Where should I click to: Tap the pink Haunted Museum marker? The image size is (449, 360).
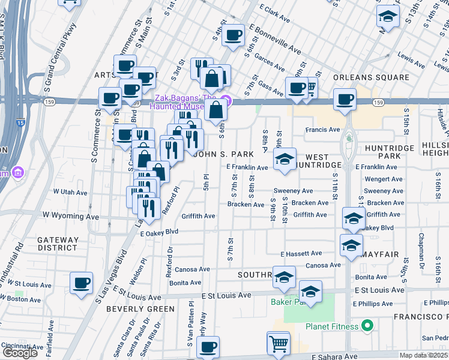[x=226, y=100]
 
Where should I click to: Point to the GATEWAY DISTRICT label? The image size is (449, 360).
[x=58, y=244]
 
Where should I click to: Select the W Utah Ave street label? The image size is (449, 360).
[x=70, y=191]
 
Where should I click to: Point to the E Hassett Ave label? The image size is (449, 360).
[x=301, y=254]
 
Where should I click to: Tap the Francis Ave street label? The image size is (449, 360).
[x=322, y=130]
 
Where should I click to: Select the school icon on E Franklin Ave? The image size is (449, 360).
[x=285, y=158]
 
